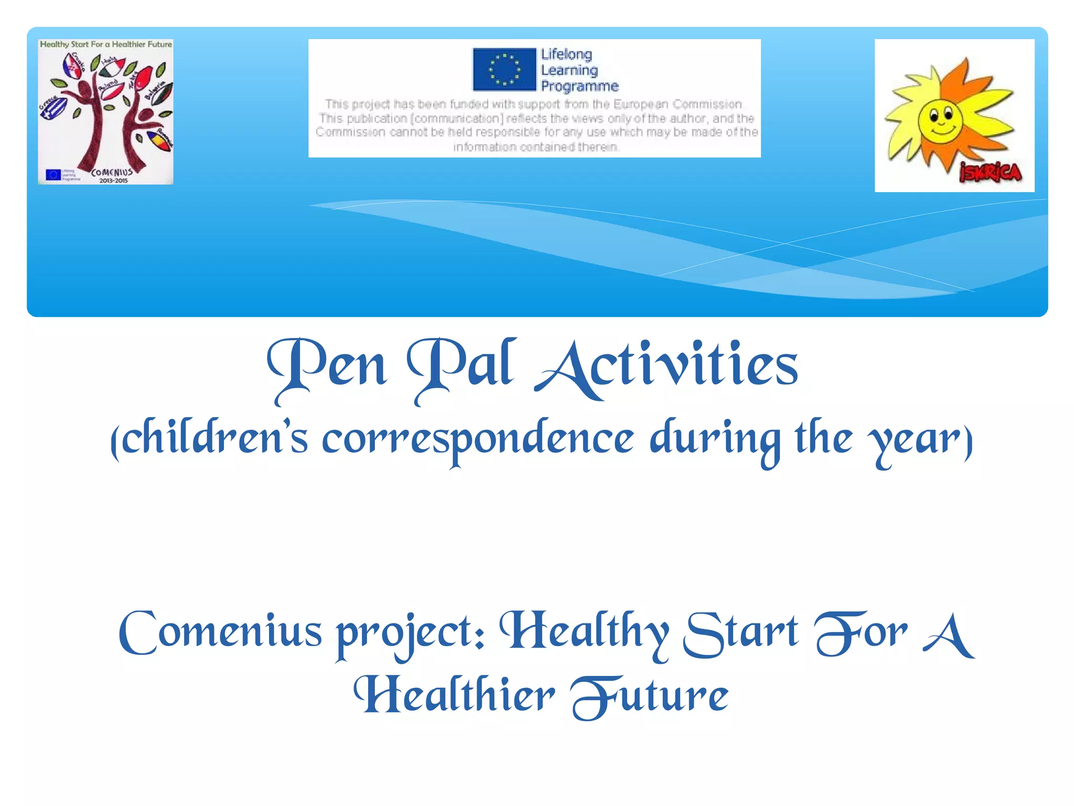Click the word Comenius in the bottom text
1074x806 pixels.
coord(220,632)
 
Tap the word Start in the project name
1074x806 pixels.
coord(740,632)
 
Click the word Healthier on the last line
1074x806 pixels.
coord(454,695)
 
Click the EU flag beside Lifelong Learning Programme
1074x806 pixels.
coord(504,69)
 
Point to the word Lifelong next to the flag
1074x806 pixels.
coord(566,55)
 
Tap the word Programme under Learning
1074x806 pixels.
coord(579,86)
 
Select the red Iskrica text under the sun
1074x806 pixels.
coord(990,173)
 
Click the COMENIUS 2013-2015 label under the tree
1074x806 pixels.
coord(112,175)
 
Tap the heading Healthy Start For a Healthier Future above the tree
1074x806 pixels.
coord(106,45)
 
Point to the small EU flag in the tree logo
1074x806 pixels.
coord(53,174)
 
